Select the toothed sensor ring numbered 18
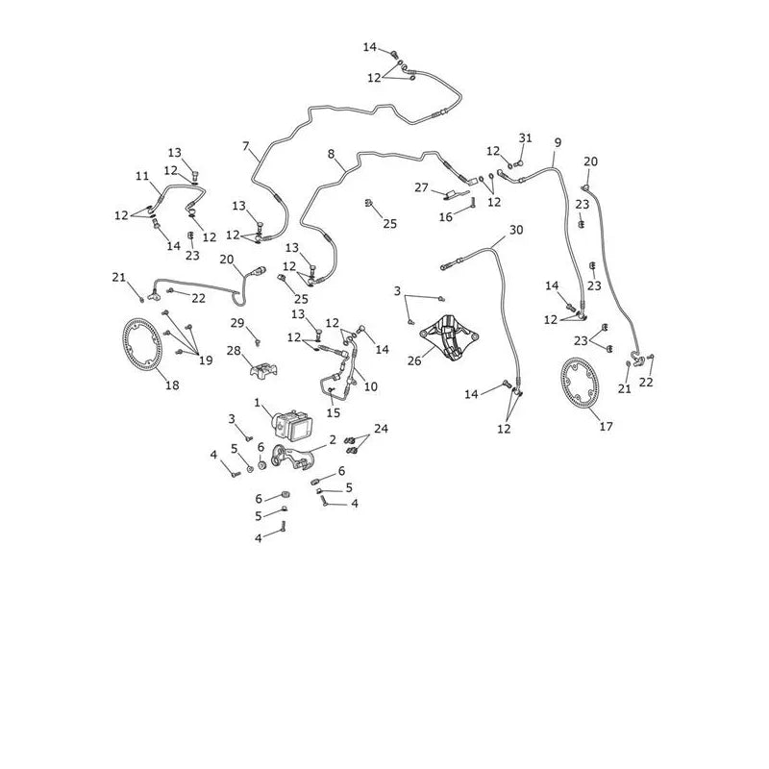coord(141,345)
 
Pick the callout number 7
coord(246,146)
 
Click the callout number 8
coord(331,154)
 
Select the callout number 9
coord(558,142)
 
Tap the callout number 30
coord(516,230)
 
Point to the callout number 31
coord(525,137)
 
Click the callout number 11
coord(142,176)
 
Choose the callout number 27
coord(422,187)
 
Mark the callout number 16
coord(446,217)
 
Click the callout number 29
coord(237,323)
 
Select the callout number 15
coord(333,413)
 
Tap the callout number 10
coord(371,386)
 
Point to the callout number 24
coord(381,429)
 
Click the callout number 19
coord(206,360)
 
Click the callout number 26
coord(414,361)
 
